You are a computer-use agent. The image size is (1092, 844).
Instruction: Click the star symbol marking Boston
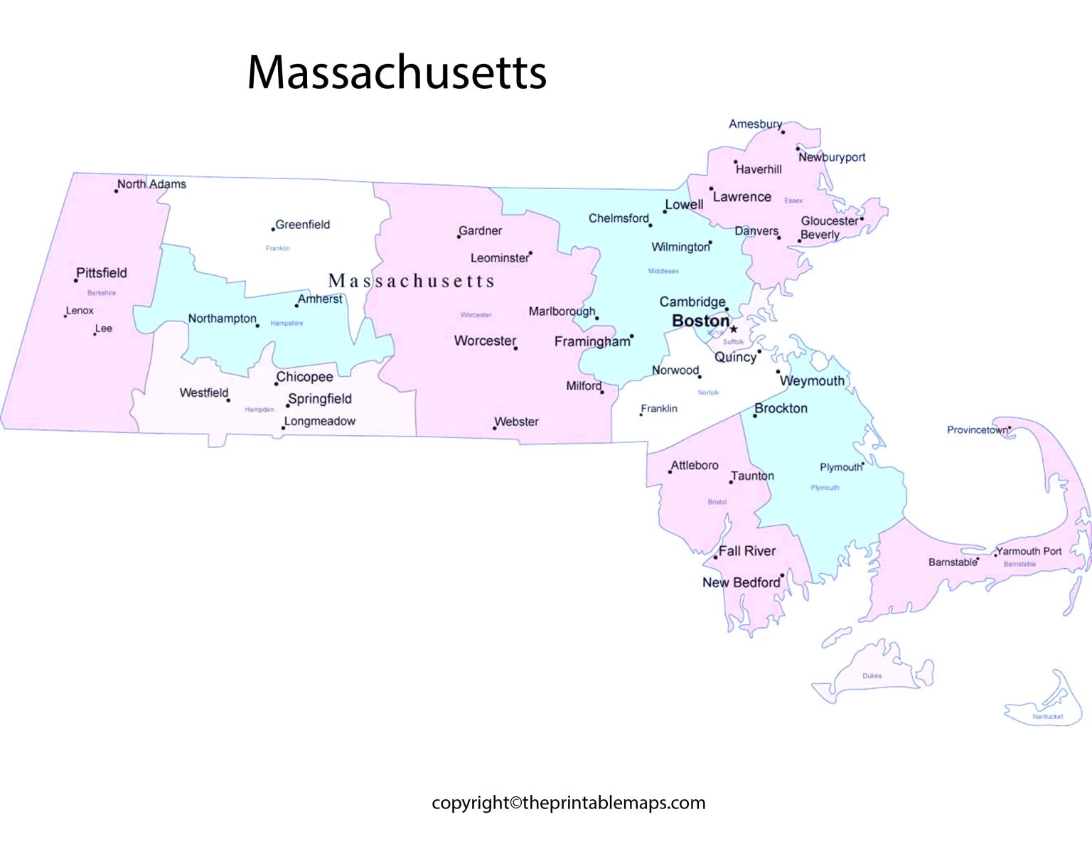click(x=734, y=329)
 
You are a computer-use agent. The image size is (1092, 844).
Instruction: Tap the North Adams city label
click(x=151, y=184)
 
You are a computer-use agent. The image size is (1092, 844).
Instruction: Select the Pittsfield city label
click(x=102, y=273)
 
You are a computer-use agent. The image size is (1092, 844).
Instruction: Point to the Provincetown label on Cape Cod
click(x=977, y=430)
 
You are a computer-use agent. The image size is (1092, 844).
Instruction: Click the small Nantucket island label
click(x=1047, y=717)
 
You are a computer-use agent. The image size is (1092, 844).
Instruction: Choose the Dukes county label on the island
click(x=872, y=675)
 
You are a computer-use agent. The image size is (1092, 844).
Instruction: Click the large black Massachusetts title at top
click(x=397, y=73)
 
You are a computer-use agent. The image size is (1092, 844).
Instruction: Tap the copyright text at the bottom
click(x=568, y=803)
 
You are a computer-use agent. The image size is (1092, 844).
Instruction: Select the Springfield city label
click(x=320, y=399)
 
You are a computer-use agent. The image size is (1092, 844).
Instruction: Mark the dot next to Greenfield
click(x=273, y=230)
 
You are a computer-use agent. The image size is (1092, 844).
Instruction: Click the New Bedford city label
click(x=741, y=582)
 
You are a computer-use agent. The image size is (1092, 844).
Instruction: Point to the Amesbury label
click(x=754, y=124)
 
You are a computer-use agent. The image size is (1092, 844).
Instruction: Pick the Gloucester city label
click(x=829, y=221)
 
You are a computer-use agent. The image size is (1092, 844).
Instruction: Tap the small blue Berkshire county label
click(x=102, y=293)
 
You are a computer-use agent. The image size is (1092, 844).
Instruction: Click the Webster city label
click(x=517, y=422)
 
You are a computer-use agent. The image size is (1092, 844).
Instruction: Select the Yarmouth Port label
click(x=1029, y=551)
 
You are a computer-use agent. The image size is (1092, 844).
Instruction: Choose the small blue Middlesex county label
click(x=663, y=271)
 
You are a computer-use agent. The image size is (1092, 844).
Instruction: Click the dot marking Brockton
click(x=755, y=415)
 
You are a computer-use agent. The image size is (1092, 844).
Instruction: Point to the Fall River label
click(x=747, y=551)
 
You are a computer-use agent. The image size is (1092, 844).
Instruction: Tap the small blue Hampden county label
click(x=259, y=410)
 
